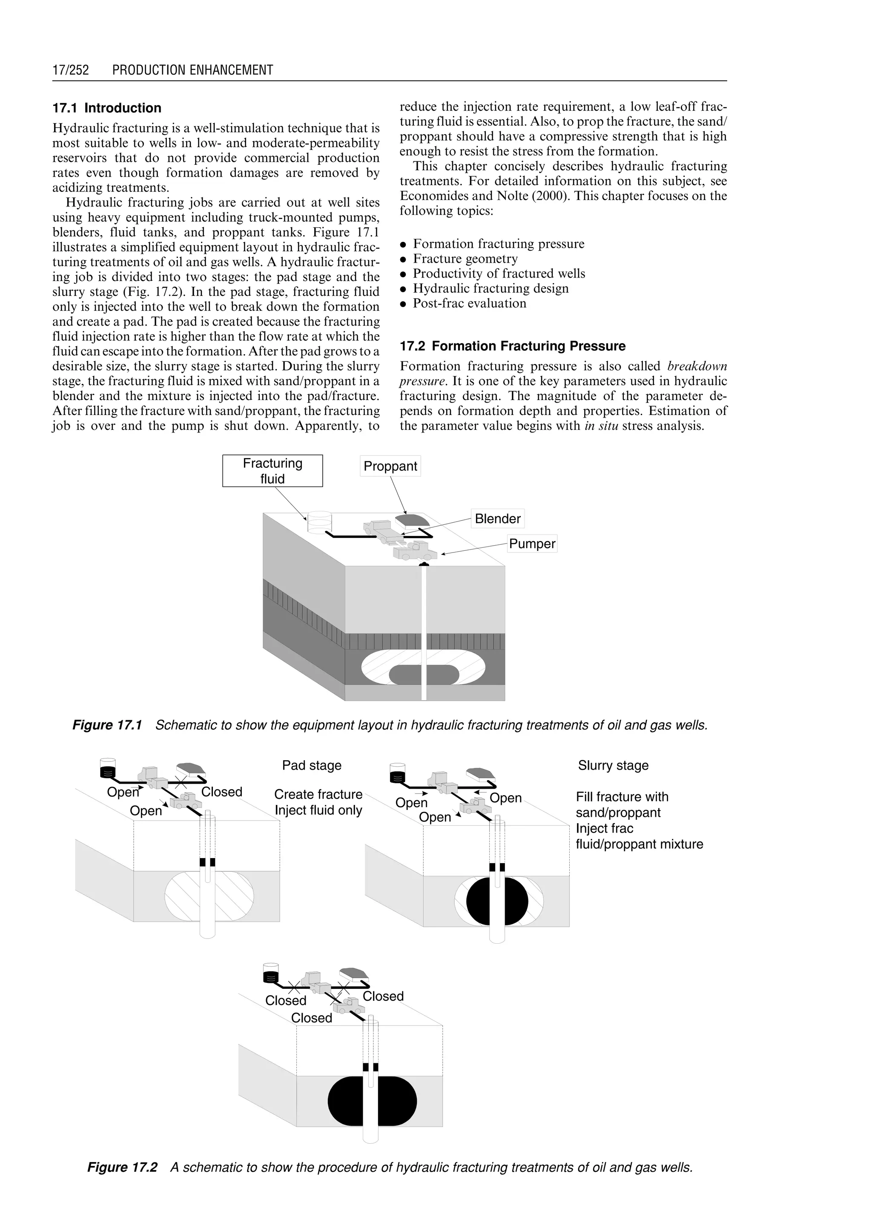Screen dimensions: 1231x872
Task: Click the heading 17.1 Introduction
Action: coord(107,108)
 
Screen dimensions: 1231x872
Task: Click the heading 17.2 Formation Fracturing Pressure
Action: coord(512,346)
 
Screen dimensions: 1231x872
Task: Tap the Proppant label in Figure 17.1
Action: coord(390,466)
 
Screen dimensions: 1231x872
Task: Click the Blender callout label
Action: coord(497,518)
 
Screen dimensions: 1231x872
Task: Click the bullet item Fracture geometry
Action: coord(465,259)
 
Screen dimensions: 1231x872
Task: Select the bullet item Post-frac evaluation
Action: coord(469,303)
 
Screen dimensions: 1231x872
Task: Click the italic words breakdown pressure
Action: coord(697,366)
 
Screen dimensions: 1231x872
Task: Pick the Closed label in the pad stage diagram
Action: coord(221,792)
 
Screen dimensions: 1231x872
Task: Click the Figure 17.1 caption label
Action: coord(107,725)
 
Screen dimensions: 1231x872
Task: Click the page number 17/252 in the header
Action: coord(70,70)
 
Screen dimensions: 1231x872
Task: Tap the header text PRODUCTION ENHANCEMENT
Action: coord(192,70)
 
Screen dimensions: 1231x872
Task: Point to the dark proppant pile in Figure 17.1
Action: coord(411,520)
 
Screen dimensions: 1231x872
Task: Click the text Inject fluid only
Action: coord(318,810)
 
